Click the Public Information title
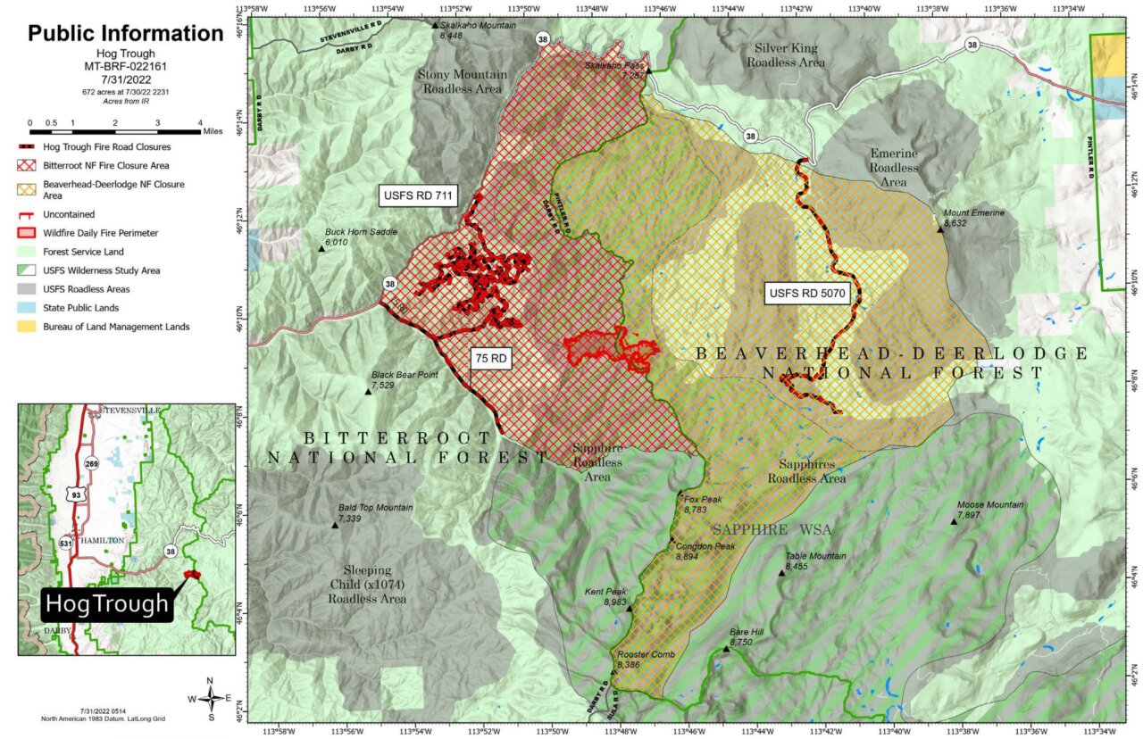125,34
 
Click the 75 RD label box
490,359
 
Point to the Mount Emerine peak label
973,213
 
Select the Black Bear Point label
405,376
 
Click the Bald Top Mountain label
375,508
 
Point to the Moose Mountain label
989,505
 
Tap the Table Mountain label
815,556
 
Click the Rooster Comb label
645,655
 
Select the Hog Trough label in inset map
106,604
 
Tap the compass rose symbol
210,697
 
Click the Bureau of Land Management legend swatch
29,327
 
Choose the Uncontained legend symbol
29,214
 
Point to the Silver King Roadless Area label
786,55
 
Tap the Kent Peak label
605,592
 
